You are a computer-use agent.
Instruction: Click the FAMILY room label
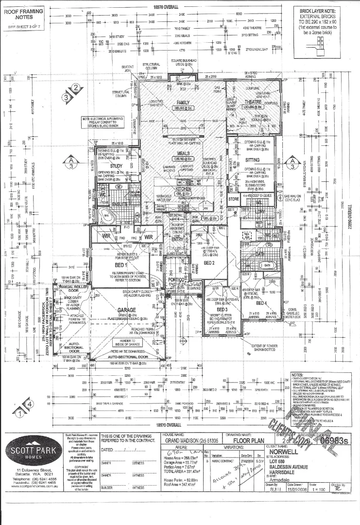[x=183, y=103]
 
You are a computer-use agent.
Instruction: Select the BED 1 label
[x=120, y=265]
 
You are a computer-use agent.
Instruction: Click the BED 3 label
[x=222, y=309]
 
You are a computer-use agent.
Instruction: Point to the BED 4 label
[x=262, y=303]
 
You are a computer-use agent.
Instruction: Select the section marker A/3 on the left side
[x=71, y=162]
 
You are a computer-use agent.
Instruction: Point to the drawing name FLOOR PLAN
[x=247, y=441]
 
